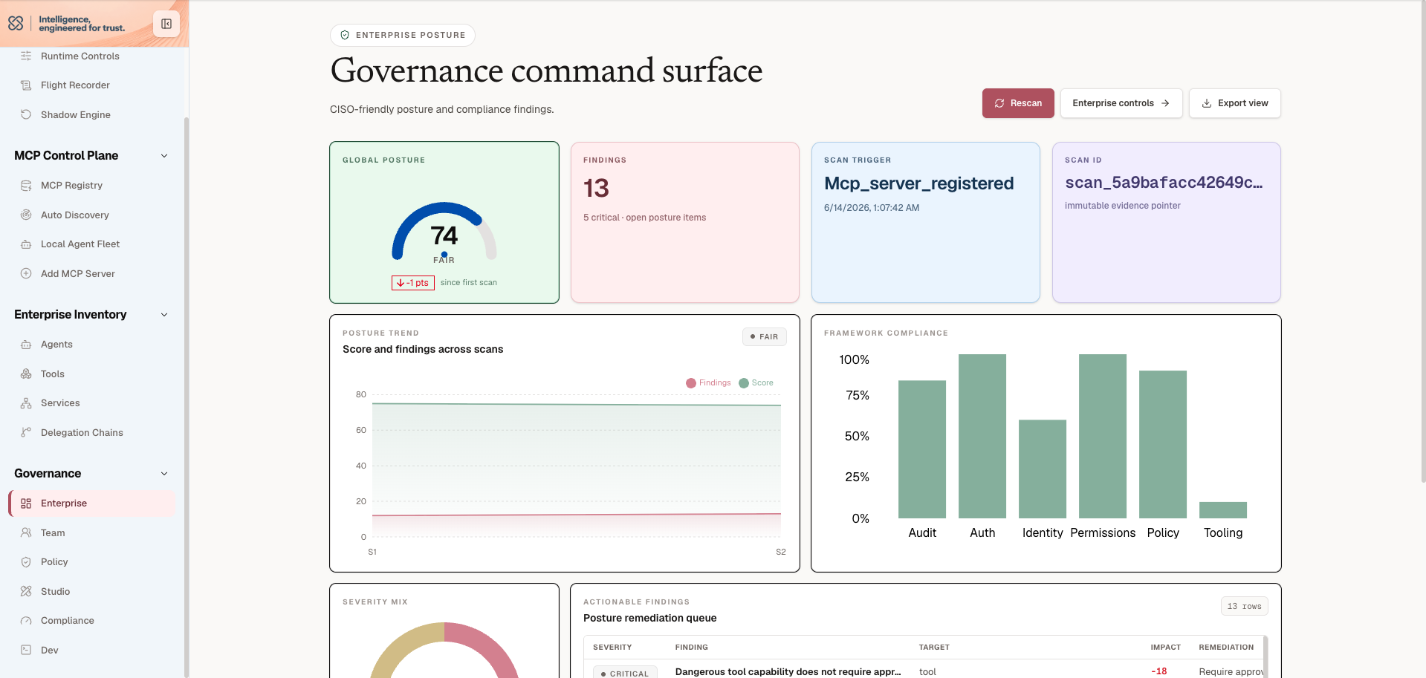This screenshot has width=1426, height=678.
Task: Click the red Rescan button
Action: pyautogui.click(x=1018, y=103)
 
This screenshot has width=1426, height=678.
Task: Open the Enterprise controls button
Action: pyautogui.click(x=1121, y=103)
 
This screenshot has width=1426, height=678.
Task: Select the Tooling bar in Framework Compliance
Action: pyautogui.click(x=1222, y=510)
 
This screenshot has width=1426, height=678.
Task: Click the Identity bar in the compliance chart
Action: pyautogui.click(x=1043, y=469)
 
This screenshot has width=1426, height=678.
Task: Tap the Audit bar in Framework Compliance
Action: pyautogui.click(x=922, y=449)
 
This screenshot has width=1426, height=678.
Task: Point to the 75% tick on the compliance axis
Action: pyautogui.click(x=858, y=395)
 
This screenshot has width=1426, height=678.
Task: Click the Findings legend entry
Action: pyautogui.click(x=708, y=383)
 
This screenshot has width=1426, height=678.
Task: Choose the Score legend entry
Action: pyautogui.click(x=756, y=383)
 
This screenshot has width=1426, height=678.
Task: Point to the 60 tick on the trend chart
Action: pyautogui.click(x=361, y=430)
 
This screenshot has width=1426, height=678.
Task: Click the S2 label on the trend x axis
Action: pyautogui.click(x=781, y=552)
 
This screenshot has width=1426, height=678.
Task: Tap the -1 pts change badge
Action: pyautogui.click(x=413, y=283)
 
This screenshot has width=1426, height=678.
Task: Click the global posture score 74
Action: pyautogui.click(x=444, y=235)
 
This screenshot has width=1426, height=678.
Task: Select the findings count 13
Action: pyautogui.click(x=596, y=188)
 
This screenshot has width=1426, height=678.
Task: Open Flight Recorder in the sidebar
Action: pyautogui.click(x=75, y=85)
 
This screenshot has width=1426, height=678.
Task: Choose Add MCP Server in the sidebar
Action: pyautogui.click(x=78, y=274)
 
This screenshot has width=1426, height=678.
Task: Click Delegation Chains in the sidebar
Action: pyautogui.click(x=82, y=433)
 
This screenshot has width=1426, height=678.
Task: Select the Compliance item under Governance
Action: pyautogui.click(x=68, y=621)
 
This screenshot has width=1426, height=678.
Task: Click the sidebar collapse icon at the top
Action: pyautogui.click(x=166, y=24)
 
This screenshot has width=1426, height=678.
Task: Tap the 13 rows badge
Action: pyautogui.click(x=1244, y=607)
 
